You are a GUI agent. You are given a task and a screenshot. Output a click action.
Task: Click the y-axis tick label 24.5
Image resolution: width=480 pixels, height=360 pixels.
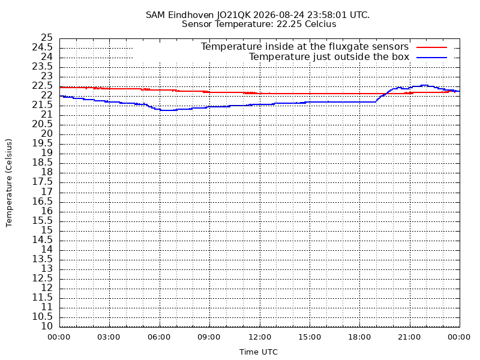42,47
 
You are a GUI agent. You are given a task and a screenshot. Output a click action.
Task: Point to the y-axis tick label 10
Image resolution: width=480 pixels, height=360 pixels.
47,326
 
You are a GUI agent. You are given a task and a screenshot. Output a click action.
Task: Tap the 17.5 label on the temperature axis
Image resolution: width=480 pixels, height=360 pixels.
42,182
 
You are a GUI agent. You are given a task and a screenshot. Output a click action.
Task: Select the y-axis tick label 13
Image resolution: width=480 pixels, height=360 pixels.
47,269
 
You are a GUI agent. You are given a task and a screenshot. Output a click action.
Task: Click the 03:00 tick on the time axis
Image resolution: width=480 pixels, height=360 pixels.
109,337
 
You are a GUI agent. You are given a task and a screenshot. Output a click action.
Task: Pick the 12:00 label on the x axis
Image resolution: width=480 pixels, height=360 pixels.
260,337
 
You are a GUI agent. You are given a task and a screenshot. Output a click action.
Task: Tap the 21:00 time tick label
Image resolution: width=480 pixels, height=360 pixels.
410,337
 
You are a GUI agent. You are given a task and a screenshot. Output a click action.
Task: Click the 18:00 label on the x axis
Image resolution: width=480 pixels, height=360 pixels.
359,337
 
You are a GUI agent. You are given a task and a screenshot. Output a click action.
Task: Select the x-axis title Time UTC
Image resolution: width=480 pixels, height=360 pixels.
259,352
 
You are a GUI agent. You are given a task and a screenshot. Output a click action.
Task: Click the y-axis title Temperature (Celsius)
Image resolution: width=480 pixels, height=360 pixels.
8,183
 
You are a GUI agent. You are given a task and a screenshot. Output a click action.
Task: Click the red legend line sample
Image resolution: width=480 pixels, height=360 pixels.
431,47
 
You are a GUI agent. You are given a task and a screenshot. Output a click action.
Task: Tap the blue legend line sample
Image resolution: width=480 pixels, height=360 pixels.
431,58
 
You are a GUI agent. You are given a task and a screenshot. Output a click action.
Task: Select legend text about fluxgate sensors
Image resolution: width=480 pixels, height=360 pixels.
305,47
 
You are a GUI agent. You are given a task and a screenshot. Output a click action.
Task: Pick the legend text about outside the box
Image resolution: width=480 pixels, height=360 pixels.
329,56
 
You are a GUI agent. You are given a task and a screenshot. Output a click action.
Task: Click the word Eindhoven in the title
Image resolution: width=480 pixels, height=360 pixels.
191,15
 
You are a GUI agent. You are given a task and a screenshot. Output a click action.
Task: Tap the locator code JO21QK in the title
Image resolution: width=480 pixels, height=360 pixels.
234,15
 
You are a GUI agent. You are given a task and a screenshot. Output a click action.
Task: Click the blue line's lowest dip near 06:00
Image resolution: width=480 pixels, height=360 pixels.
168,110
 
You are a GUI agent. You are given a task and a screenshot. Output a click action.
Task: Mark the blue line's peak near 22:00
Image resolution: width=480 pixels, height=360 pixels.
424,85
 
